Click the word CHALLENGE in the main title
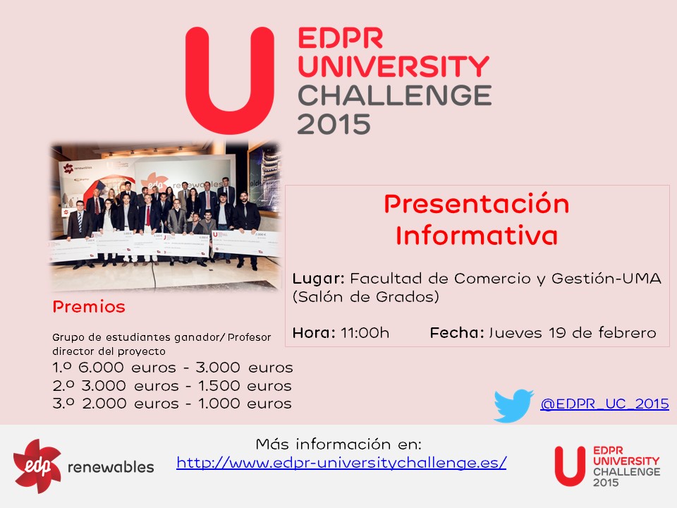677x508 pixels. [x=395, y=95]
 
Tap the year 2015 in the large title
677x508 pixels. [x=334, y=124]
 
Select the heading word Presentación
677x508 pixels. [x=477, y=204]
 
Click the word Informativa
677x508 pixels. [x=477, y=236]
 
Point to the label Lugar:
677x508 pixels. [x=318, y=279]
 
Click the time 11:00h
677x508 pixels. [x=365, y=333]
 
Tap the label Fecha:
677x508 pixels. [x=457, y=333]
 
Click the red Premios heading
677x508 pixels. [x=89, y=307]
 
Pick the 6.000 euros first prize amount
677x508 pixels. [x=127, y=368]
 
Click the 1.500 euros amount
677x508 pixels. [x=245, y=386]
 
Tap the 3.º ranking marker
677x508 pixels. [x=63, y=404]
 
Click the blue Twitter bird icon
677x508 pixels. [x=514, y=406]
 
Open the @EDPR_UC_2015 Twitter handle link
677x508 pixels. [x=604, y=404]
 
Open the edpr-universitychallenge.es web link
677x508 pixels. [x=341, y=463]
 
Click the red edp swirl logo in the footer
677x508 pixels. [x=37, y=466]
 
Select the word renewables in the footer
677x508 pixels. [x=111, y=467]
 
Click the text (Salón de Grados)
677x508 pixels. [x=366, y=297]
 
